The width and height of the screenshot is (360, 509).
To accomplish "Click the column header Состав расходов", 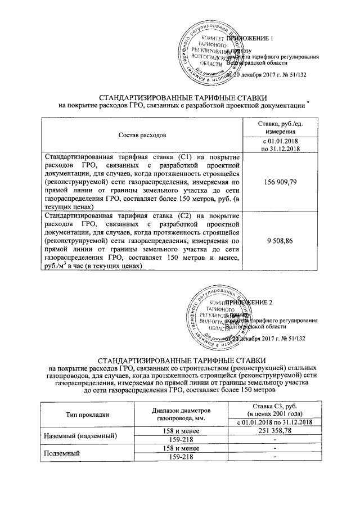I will click(142, 136).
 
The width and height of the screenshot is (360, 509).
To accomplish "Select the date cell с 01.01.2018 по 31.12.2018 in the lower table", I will click(274, 422).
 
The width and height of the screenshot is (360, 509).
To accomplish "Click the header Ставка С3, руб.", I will click(274, 406).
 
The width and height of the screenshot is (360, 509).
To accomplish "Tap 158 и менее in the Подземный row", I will click(179, 448).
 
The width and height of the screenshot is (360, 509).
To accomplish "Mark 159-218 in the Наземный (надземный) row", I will click(179, 439).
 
